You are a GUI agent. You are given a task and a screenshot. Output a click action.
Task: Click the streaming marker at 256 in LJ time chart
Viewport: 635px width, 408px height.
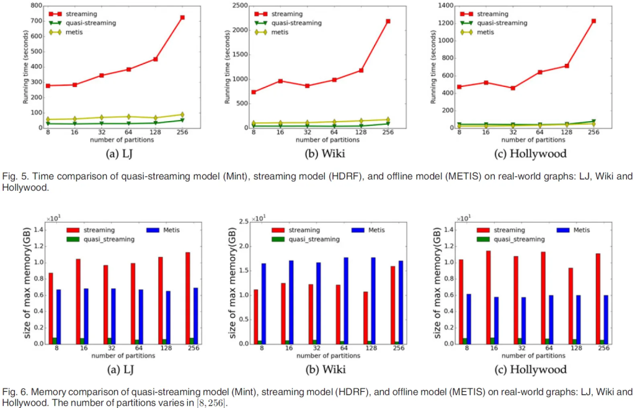(x=182, y=17)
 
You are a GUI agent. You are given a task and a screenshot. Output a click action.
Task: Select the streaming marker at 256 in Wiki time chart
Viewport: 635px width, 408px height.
(x=387, y=21)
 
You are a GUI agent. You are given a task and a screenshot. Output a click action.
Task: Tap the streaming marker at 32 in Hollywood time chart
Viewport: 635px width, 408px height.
(x=512, y=88)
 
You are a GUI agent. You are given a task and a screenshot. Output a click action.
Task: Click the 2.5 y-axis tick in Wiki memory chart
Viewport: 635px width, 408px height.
(x=244, y=221)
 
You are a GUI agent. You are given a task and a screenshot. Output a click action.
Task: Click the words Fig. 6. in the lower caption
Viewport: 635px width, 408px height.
(x=13, y=392)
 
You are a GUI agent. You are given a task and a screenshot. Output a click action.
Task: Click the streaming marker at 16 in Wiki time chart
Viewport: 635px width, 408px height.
(x=280, y=81)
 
